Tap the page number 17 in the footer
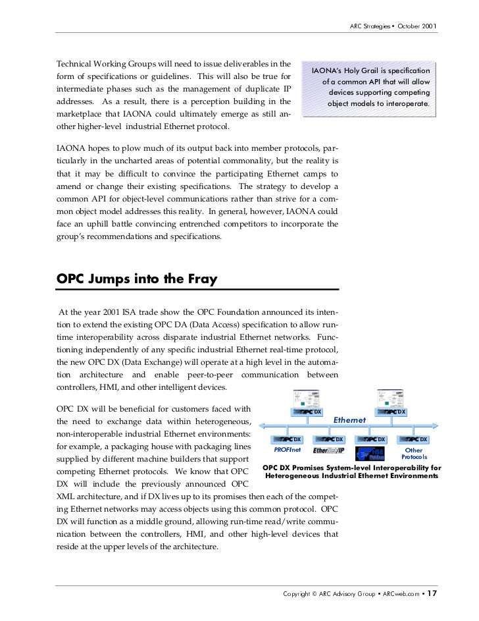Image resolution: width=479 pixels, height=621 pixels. click(432, 593)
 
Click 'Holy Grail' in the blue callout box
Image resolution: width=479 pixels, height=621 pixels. click(370, 71)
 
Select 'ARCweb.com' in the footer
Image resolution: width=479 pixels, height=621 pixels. click(398, 594)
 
